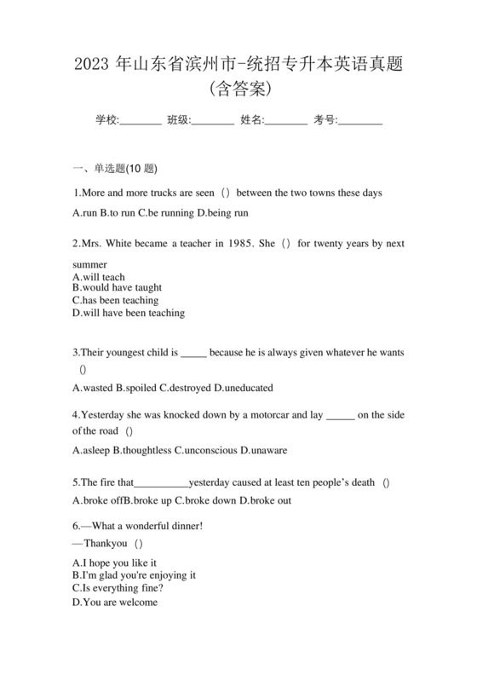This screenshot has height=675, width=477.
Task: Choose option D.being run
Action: pos(222,212)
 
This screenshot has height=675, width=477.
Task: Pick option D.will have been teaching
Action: pos(129,313)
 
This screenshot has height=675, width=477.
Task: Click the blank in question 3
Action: pos(194,352)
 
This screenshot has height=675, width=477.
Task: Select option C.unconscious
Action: pos(205,450)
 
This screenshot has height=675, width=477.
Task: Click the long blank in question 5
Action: pos(162,482)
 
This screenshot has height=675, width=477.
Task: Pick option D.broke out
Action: pos(265,500)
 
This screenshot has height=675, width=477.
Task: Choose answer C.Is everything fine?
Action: pos(118,588)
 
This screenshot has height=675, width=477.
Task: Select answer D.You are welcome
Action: pos(115,602)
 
